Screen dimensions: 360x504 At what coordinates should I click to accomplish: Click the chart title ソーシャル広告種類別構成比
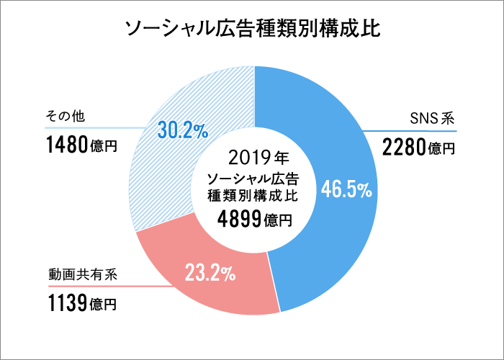click(252, 29)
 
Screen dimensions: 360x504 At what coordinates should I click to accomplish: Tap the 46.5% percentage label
click(346, 190)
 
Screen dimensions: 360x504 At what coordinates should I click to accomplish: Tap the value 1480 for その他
click(68, 146)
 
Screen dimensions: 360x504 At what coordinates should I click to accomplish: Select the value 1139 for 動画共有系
click(67, 303)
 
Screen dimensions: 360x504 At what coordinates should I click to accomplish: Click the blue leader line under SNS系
click(410, 132)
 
